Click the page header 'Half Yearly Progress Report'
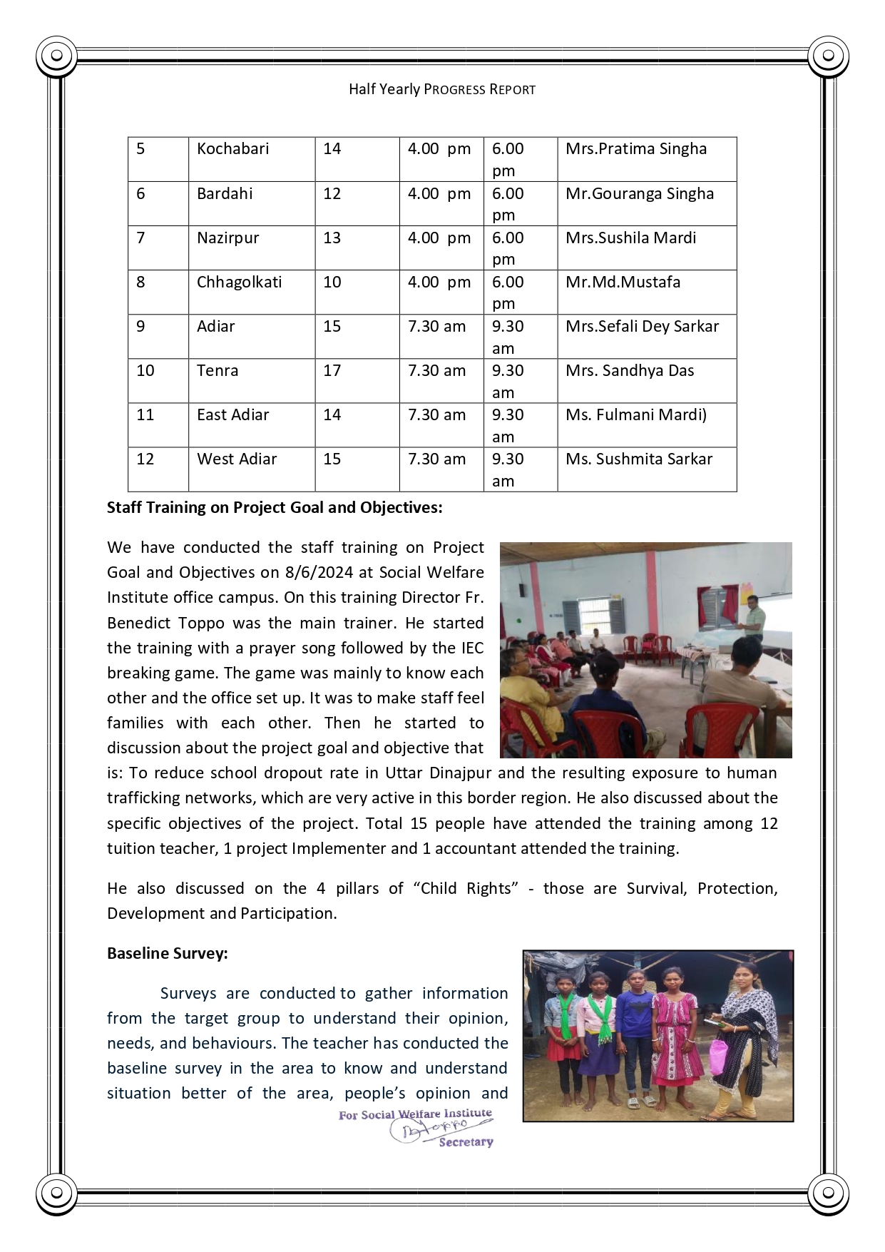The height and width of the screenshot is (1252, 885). point(441,89)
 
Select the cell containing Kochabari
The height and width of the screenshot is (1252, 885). point(233,149)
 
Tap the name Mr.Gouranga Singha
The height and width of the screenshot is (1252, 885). point(639,193)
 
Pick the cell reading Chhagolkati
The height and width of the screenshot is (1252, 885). point(239,282)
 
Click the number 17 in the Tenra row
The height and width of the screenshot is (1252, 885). point(332,370)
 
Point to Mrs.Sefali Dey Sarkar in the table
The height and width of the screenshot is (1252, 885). point(642,326)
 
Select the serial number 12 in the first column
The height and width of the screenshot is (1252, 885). point(145,459)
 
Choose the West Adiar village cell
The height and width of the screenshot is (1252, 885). point(237,459)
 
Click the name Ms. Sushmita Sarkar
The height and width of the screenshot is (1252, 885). point(639,459)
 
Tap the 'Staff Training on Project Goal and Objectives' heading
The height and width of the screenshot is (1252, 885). point(275,507)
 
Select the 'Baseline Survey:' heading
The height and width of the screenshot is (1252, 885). point(168,953)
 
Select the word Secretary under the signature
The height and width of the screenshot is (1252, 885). point(466,1142)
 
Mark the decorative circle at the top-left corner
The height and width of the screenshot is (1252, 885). point(56,55)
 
